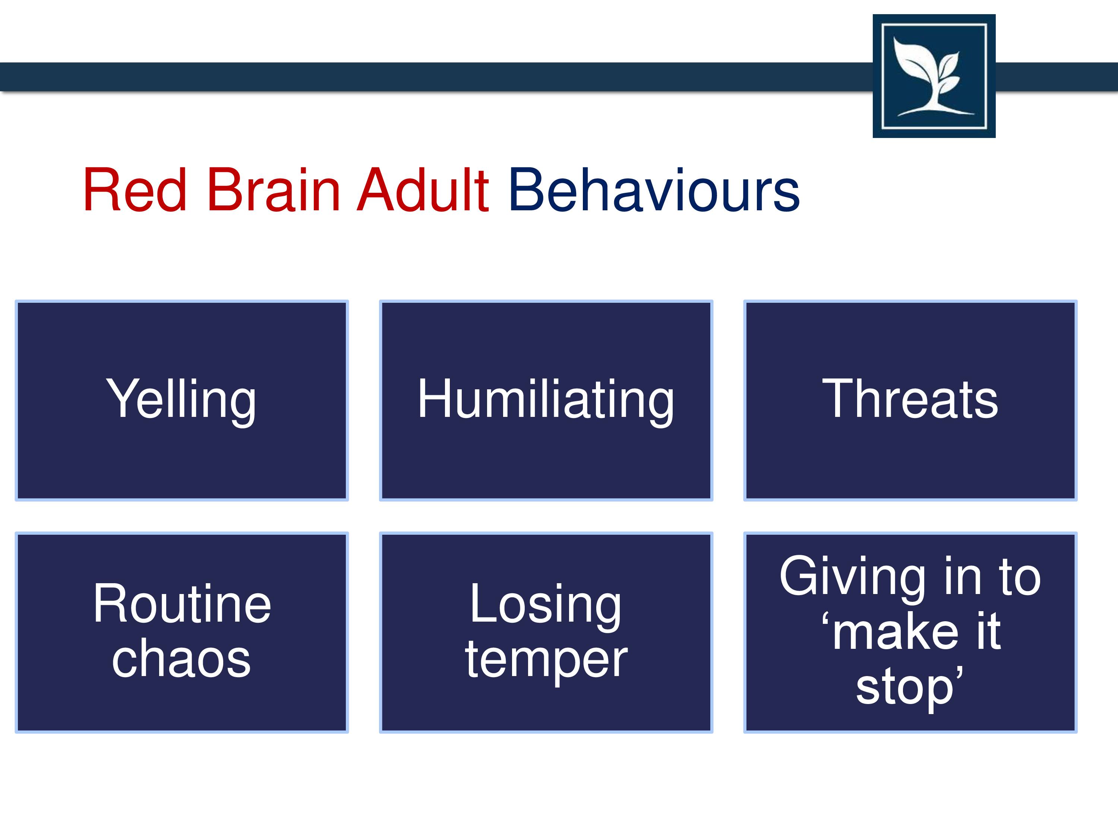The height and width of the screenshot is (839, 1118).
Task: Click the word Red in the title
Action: [x=135, y=190]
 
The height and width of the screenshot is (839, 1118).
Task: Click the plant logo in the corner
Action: [x=934, y=76]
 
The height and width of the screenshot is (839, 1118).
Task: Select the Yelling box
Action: [x=182, y=400]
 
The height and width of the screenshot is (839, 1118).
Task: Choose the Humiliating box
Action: [x=546, y=400]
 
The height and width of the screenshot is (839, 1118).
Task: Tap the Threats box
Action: [x=910, y=400]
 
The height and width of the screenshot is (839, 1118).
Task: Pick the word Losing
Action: [x=545, y=605]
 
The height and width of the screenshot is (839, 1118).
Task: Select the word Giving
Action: [x=853, y=578]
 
